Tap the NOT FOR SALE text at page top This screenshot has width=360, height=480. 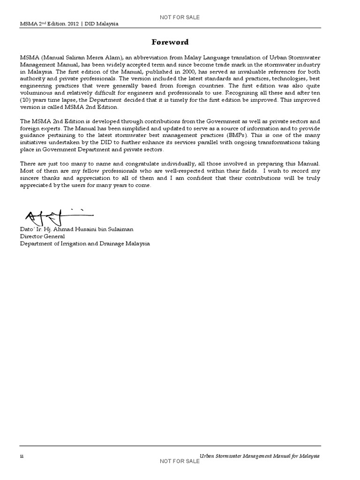point(180,17)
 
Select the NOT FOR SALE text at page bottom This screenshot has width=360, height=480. point(180,462)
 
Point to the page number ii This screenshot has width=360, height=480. point(22,456)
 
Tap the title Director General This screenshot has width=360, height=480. point(42,237)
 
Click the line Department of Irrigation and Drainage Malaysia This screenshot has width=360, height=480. point(85,244)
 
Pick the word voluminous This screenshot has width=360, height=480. point(37,93)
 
